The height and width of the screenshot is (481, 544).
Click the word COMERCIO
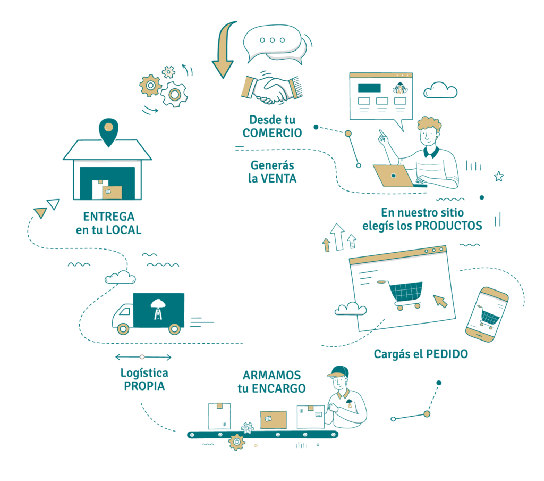click(272, 132)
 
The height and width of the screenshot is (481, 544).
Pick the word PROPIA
click(144, 386)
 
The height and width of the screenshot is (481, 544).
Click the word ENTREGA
click(109, 217)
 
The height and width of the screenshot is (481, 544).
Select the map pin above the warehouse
click(108, 131)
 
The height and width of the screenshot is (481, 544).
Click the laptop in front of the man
click(395, 176)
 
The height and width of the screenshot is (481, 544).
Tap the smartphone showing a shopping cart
click(487, 314)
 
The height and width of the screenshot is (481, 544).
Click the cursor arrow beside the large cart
click(440, 301)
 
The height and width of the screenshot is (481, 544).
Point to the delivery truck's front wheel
click(123, 328)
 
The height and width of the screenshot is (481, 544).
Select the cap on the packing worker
click(338, 371)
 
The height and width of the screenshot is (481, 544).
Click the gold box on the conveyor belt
click(273, 419)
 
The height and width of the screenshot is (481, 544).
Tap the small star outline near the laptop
click(498, 176)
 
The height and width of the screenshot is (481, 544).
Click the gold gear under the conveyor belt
click(236, 442)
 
